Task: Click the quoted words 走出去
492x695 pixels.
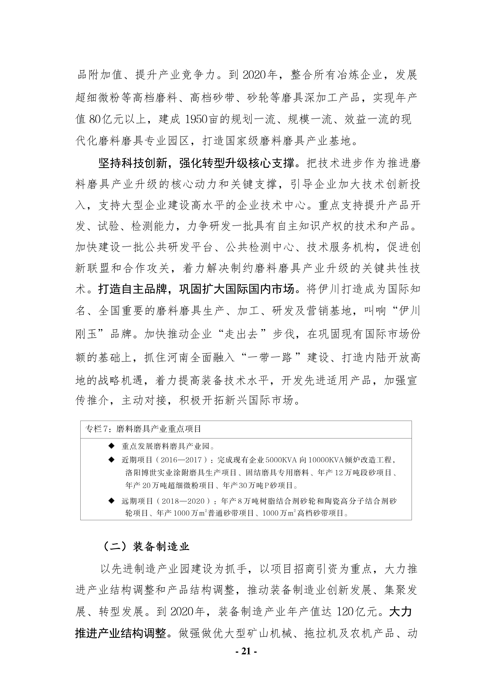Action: click(x=241, y=334)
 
